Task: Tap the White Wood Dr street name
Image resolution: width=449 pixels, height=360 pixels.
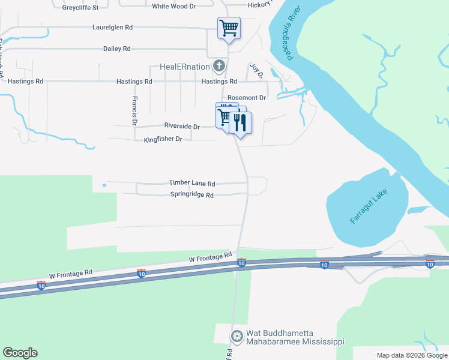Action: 174,6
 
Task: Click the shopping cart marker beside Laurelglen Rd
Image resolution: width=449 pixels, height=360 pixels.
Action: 229,27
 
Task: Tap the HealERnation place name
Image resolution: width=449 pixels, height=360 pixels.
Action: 184,67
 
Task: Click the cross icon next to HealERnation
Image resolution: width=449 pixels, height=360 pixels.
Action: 220,65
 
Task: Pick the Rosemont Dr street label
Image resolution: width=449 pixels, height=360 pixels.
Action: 247,98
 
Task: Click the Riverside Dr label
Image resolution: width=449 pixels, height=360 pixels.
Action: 182,127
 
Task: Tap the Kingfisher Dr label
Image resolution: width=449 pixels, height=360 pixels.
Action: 163,139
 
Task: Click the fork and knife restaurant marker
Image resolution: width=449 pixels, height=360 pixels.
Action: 240,123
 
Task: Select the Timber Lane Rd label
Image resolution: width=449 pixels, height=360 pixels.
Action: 191,183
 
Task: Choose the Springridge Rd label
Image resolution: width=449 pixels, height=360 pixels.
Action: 191,195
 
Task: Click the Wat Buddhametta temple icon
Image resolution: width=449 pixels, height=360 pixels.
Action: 237,335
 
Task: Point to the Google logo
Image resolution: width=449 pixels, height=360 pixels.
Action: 20,353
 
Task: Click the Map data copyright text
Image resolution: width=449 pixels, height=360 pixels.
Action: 411,355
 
